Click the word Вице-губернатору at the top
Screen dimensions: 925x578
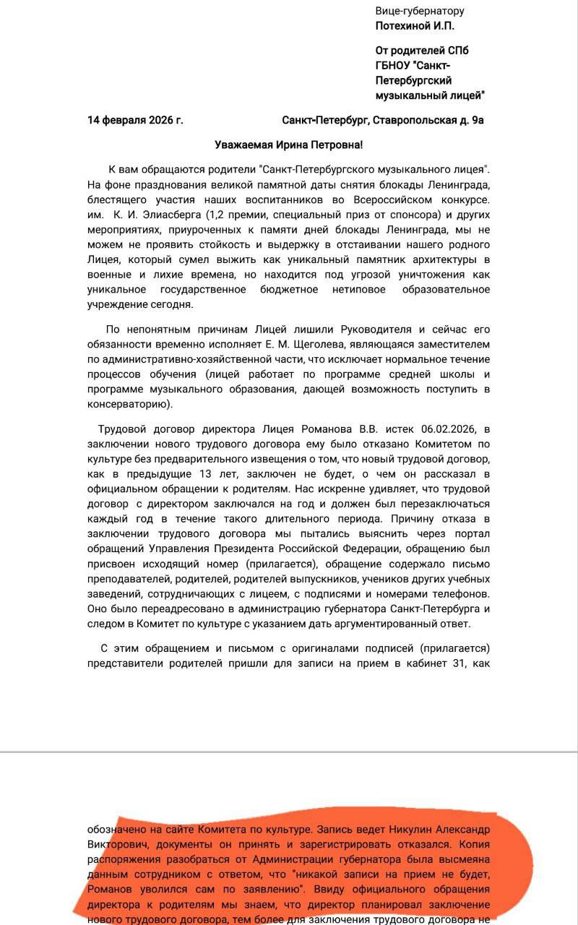(420, 11)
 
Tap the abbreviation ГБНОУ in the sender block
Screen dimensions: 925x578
(396, 65)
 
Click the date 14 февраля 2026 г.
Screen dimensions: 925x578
(135, 120)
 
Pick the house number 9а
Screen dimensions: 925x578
(478, 120)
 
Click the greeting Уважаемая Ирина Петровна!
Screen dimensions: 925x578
(288, 145)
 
